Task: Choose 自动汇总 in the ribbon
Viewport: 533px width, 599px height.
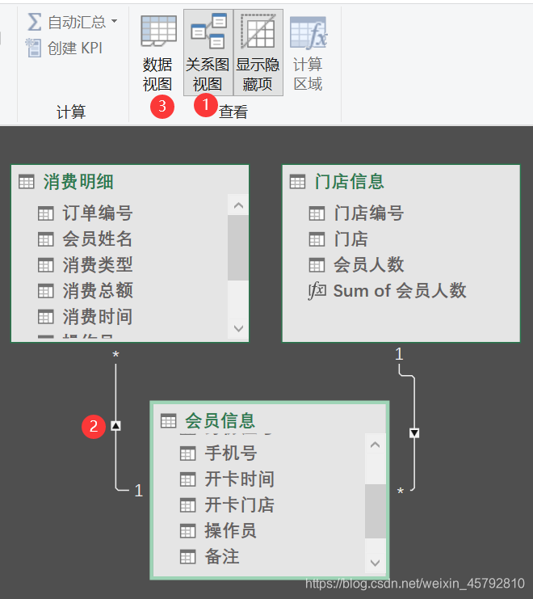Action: [x=73, y=21]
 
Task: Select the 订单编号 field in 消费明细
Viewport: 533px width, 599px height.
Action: [x=97, y=213]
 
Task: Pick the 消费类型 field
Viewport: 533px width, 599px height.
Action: [x=97, y=264]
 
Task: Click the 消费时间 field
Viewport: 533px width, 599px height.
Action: [x=97, y=316]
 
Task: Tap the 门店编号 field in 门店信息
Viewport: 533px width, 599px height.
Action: [x=368, y=213]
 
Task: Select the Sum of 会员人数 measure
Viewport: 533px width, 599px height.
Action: [x=399, y=291]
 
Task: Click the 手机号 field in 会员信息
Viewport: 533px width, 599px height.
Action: [x=230, y=453]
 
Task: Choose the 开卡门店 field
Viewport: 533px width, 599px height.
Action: [x=239, y=505]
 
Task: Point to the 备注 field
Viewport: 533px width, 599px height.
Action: [x=221, y=557]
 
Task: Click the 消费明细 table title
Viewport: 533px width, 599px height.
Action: [x=78, y=182]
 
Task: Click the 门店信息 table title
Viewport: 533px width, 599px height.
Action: [x=349, y=182]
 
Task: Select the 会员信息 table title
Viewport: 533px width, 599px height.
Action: [x=220, y=420]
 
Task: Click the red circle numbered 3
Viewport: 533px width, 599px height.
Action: [x=163, y=105]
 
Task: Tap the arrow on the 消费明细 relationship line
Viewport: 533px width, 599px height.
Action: [x=116, y=425]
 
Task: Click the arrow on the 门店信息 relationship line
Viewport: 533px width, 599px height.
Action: [x=414, y=433]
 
